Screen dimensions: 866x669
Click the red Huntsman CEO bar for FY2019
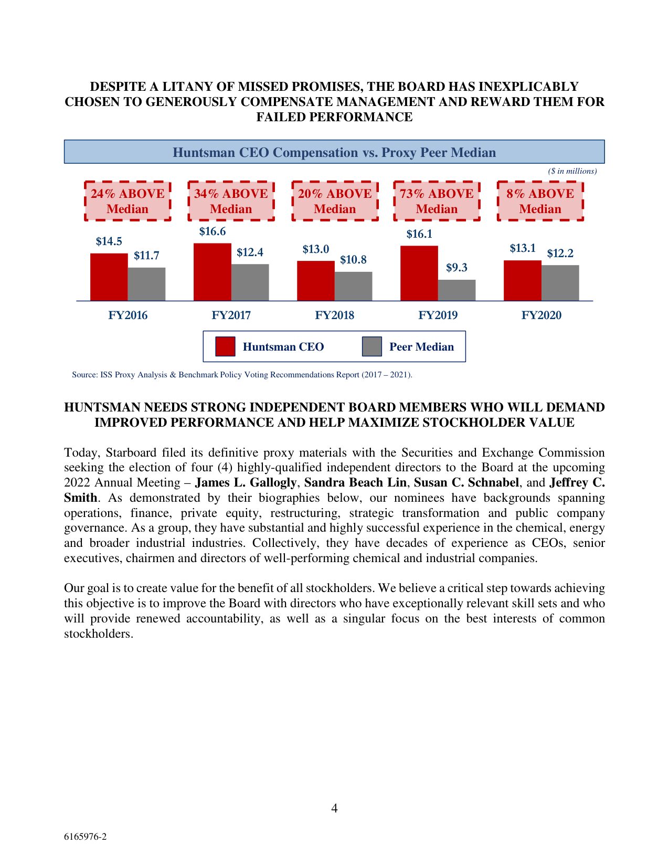pyautogui.click(x=419, y=273)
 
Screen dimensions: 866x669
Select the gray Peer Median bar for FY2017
pyautogui.click(x=250, y=282)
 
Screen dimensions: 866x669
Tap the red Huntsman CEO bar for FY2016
pyautogui.click(x=109, y=277)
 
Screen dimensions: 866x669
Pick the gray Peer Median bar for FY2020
pyautogui.click(x=560, y=283)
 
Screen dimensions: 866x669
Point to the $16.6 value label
pyautogui.click(x=213, y=231)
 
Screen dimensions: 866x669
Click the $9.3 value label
pyautogui.click(x=456, y=268)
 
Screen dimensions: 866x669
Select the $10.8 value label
pyautogui.click(x=353, y=260)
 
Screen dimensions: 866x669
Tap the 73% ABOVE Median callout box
pyautogui.click(x=437, y=201)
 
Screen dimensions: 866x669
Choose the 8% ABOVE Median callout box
pyautogui.click(x=540, y=201)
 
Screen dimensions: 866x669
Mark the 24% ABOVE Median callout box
pyautogui.click(x=128, y=201)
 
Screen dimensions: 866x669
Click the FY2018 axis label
pyautogui.click(x=334, y=315)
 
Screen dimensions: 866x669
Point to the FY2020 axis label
pyautogui.click(x=541, y=315)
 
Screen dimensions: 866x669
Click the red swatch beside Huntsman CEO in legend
pyautogui.click(x=225, y=347)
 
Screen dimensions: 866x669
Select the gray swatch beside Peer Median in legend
pyautogui.click(x=371, y=347)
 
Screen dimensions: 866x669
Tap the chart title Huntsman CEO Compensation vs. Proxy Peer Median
pyautogui.click(x=334, y=152)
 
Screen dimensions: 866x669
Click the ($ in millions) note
pyautogui.click(x=572, y=171)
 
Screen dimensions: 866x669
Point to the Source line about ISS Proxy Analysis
pyautogui.click(x=242, y=375)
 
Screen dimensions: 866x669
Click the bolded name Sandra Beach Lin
pyautogui.click(x=355, y=482)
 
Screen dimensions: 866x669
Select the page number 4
pyautogui.click(x=334, y=808)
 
